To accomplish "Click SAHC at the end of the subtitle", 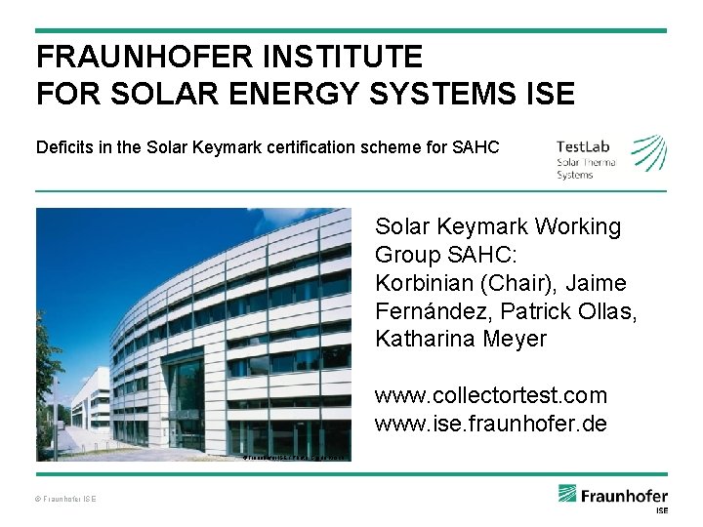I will coord(476,148).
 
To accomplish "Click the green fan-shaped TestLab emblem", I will coord(648,152).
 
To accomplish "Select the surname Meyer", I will coord(517,341).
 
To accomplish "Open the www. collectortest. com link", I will coord(491,396).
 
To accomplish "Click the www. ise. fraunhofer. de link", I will coord(491,425).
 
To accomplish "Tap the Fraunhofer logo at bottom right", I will coord(613,496).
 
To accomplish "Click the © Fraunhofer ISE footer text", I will coord(67,499).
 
